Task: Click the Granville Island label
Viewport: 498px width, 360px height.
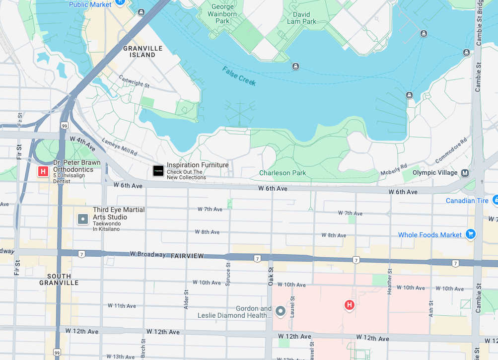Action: [x=142, y=52]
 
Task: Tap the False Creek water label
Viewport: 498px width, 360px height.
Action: [x=239, y=76]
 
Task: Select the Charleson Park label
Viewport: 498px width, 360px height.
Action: [x=283, y=173]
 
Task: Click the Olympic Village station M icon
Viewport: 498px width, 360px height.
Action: [x=465, y=173]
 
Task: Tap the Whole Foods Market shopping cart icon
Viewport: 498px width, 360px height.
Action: [x=471, y=234]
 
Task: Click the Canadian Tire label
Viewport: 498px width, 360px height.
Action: [x=467, y=201]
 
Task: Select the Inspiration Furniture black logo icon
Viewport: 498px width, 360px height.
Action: [x=158, y=171]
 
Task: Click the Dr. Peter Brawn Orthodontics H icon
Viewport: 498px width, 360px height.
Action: [x=43, y=172]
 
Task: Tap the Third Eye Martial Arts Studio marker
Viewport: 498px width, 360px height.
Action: [x=83, y=218]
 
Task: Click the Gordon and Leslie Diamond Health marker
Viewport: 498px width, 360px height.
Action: [x=281, y=311]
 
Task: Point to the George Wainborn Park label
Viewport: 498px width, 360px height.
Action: [x=222, y=14]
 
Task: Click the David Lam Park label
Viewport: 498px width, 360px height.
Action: [x=301, y=18]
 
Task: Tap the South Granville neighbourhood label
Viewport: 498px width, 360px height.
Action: [x=59, y=279]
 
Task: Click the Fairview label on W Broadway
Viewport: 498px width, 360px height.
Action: [x=187, y=256]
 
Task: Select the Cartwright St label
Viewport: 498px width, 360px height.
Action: [x=134, y=81]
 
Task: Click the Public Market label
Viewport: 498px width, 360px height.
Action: [x=90, y=4]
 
